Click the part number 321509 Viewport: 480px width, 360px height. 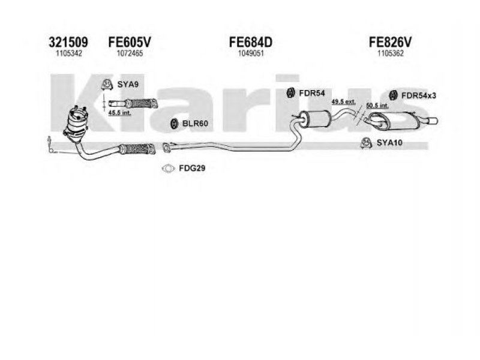tap(68, 42)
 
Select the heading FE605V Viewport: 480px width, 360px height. tap(130, 42)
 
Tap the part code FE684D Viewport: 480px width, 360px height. tap(251, 42)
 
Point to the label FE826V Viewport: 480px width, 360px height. tap(391, 42)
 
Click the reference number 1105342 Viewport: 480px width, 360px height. tap(69, 53)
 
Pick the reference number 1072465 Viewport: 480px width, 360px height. tap(130, 53)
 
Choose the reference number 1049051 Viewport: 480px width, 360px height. tap(251, 53)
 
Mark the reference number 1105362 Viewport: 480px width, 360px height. tap(391, 53)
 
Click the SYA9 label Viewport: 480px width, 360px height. tap(128, 84)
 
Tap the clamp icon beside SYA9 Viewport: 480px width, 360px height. tap(107, 85)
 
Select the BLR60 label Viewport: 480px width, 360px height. tap(195, 124)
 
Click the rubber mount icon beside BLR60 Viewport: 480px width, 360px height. tap(174, 124)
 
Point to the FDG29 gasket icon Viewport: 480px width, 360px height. tap(168, 169)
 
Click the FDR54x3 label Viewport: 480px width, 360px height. tap(419, 95)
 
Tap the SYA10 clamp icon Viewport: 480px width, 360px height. tap(366, 143)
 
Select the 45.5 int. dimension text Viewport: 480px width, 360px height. tap(119, 113)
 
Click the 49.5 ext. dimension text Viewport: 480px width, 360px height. tap(343, 101)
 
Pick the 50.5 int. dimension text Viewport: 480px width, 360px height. tap(377, 106)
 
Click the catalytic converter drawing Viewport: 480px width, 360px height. tap(76, 124)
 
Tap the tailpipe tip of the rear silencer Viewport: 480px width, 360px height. tap(432, 121)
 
